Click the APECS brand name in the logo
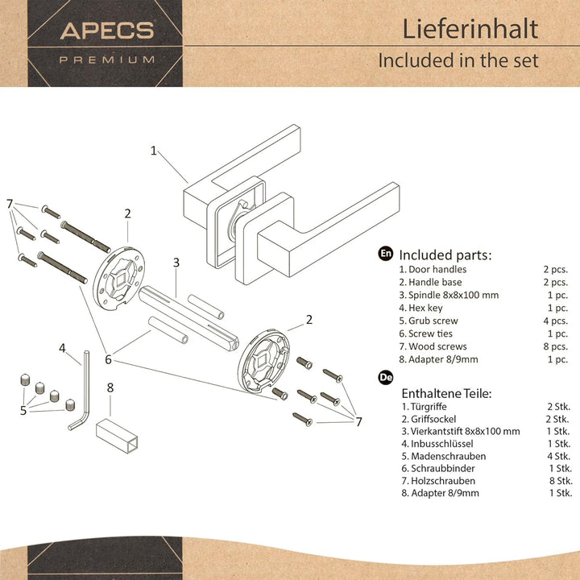tap(107, 31)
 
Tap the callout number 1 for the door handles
tap(154, 149)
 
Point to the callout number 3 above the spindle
tap(176, 262)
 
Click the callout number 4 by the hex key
tap(62, 348)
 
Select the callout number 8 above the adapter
tap(110, 387)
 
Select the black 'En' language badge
tap(386, 254)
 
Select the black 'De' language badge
tap(386, 376)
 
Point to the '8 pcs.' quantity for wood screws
tap(556, 346)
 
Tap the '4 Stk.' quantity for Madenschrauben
tap(559, 456)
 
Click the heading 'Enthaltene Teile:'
tap(446, 393)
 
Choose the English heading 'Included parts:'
tap(445, 255)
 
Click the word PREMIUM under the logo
tap(107, 59)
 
